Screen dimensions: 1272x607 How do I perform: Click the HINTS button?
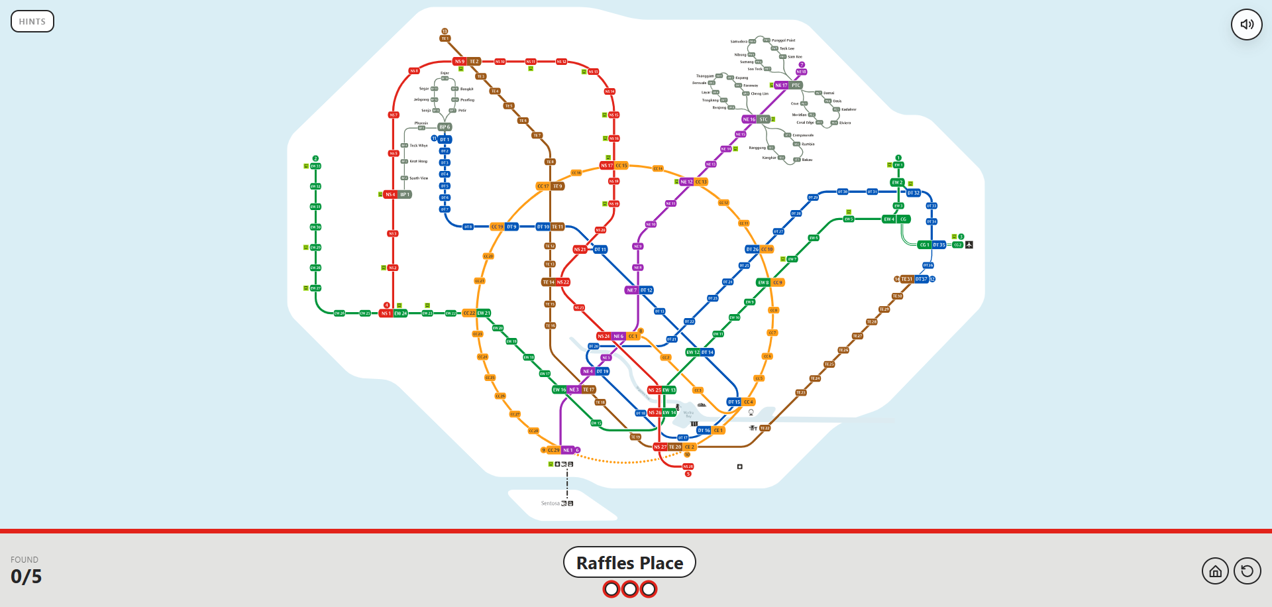pos(32,21)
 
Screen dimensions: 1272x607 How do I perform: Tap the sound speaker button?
pos(1247,25)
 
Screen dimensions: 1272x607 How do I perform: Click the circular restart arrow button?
pos(1247,571)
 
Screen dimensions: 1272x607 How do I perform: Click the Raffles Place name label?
pos(629,563)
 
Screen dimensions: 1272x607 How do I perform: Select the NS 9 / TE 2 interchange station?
pos(466,62)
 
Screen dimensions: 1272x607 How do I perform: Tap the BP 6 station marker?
pos(444,127)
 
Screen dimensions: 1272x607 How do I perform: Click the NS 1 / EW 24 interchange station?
pos(393,313)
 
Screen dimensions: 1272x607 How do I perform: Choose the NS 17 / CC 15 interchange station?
pos(613,166)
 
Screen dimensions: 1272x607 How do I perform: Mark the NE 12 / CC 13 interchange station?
pos(694,182)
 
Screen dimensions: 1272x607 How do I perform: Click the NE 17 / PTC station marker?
pos(788,85)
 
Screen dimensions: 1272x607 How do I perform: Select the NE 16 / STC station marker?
pos(756,120)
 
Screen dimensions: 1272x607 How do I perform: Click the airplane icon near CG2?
pos(969,245)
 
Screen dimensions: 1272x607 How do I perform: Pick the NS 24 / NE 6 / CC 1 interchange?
pos(617,337)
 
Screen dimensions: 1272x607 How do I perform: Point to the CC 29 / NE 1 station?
pos(560,451)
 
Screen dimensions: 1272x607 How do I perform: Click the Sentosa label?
pos(550,504)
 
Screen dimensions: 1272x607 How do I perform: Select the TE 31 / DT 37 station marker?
pos(914,280)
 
